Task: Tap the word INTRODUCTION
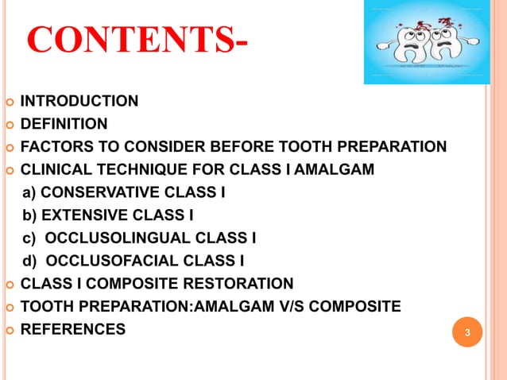click(79, 101)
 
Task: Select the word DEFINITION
click(64, 124)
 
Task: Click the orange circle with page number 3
click(467, 332)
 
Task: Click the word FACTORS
click(51, 146)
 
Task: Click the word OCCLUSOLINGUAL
click(106, 238)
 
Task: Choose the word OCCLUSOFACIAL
click(101, 260)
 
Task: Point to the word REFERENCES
click(72, 328)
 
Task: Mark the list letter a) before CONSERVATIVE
click(29, 192)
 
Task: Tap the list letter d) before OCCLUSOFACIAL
click(29, 260)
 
